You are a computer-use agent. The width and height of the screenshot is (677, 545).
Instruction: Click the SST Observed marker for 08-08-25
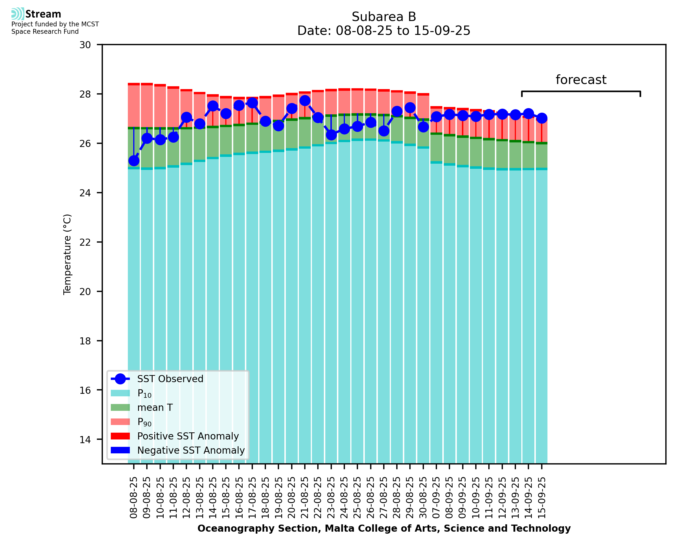pos(134,161)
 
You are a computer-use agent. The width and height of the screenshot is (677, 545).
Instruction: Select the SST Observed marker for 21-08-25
pos(305,100)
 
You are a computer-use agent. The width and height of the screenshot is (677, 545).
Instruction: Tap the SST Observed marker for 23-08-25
pos(331,135)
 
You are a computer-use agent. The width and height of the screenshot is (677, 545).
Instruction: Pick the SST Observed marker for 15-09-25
pos(541,118)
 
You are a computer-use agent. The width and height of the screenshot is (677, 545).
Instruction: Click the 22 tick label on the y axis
pos(85,242)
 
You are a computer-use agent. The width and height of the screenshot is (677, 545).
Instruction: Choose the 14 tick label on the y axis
pos(85,439)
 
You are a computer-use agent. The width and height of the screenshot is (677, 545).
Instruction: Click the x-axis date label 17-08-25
pos(252,498)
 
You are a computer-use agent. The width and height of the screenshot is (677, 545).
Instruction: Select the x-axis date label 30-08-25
pos(423,498)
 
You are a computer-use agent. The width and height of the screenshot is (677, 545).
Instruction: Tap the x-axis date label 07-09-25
pos(437,498)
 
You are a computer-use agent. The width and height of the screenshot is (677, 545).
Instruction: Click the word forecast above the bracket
pos(581,80)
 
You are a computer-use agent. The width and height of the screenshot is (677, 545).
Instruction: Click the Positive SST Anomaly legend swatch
pos(120,436)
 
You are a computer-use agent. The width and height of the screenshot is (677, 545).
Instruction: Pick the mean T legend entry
pos(155,407)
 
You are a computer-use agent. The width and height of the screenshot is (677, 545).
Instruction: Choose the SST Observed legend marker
pos(120,379)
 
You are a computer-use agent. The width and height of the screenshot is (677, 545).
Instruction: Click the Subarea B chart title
pos(384,17)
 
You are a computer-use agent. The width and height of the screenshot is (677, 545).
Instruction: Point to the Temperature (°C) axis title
pos(67,254)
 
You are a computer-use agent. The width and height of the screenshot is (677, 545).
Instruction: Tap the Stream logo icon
pos(18,14)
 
